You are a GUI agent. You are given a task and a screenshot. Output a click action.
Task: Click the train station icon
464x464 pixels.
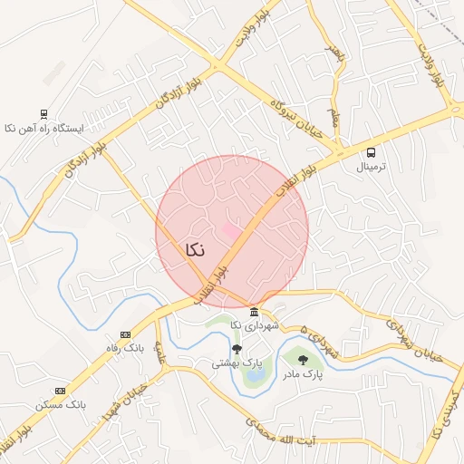(43, 114)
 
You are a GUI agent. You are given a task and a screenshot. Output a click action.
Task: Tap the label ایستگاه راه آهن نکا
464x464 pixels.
(43, 129)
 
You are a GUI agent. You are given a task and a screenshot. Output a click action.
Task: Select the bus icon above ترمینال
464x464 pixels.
(372, 152)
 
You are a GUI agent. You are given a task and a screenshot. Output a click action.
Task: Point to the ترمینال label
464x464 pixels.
(372, 168)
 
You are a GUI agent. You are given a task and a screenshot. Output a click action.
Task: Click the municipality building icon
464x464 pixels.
(253, 312)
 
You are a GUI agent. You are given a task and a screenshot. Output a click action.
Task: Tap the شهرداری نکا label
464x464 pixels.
(253, 325)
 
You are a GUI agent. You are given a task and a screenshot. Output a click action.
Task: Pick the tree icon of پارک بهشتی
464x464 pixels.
(237, 349)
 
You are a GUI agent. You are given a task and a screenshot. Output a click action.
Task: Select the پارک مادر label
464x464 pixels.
(302, 372)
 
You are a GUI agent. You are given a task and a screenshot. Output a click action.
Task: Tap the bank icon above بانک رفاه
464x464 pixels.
(125, 334)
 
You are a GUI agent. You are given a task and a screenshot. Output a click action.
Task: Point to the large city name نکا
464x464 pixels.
(193, 250)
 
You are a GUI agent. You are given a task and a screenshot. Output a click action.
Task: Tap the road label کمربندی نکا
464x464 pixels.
(446, 413)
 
